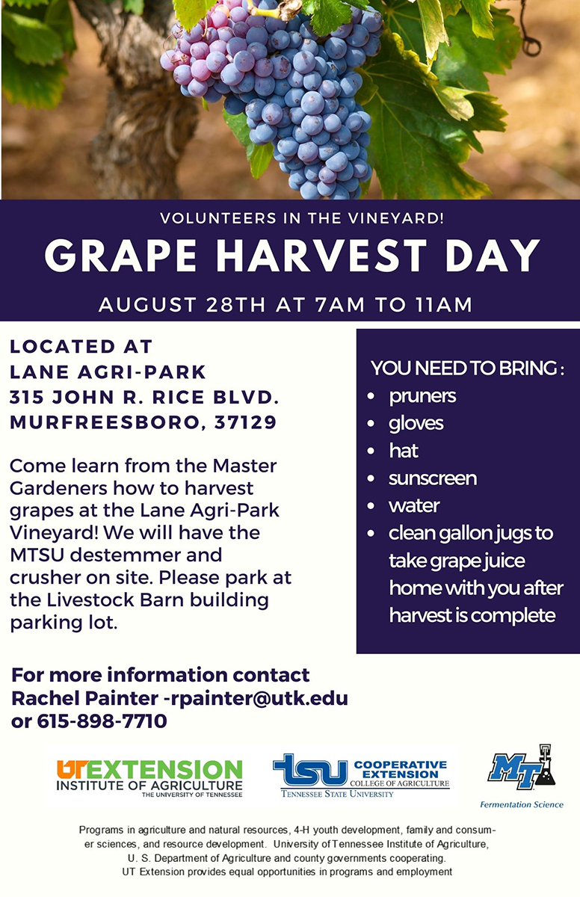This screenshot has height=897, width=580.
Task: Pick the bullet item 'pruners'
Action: [422, 395]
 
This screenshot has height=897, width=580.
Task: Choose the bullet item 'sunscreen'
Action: [432, 478]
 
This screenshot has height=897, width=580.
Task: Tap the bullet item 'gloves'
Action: [416, 423]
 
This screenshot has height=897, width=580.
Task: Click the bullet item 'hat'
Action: [403, 451]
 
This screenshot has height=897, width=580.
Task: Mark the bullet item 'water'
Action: [413, 506]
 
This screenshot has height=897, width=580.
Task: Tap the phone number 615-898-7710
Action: [102, 721]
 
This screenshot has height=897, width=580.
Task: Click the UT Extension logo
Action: [149, 778]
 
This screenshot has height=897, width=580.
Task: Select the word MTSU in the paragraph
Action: [37, 555]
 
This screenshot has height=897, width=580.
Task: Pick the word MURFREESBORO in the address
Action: [105, 422]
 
